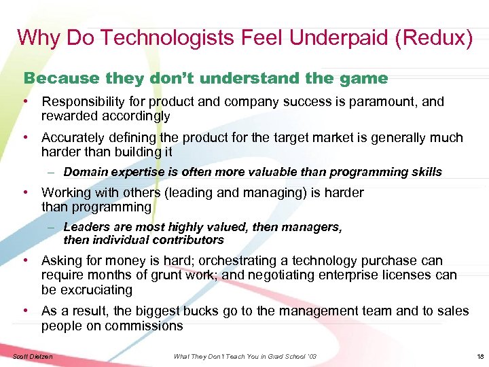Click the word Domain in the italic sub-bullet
86,172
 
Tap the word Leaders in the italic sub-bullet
86,227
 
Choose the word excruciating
96,290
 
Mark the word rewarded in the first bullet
69,116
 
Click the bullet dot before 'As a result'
25,311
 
